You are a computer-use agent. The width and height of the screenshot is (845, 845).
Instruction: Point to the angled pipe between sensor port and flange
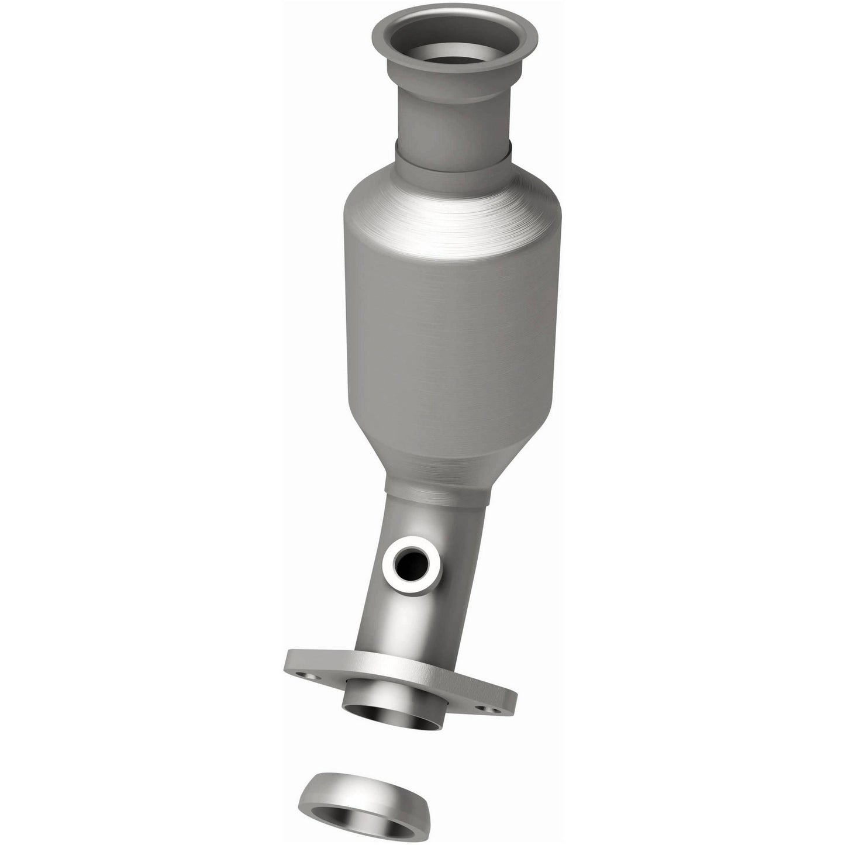tap(389, 620)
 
